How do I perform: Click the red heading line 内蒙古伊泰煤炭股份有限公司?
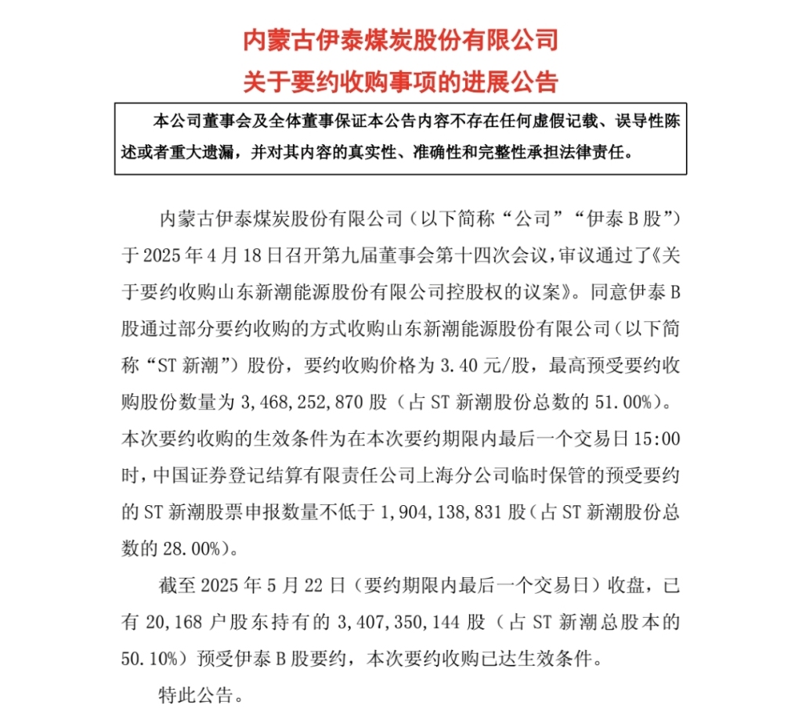coord(400,40)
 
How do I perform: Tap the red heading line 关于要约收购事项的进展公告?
coord(400,81)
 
